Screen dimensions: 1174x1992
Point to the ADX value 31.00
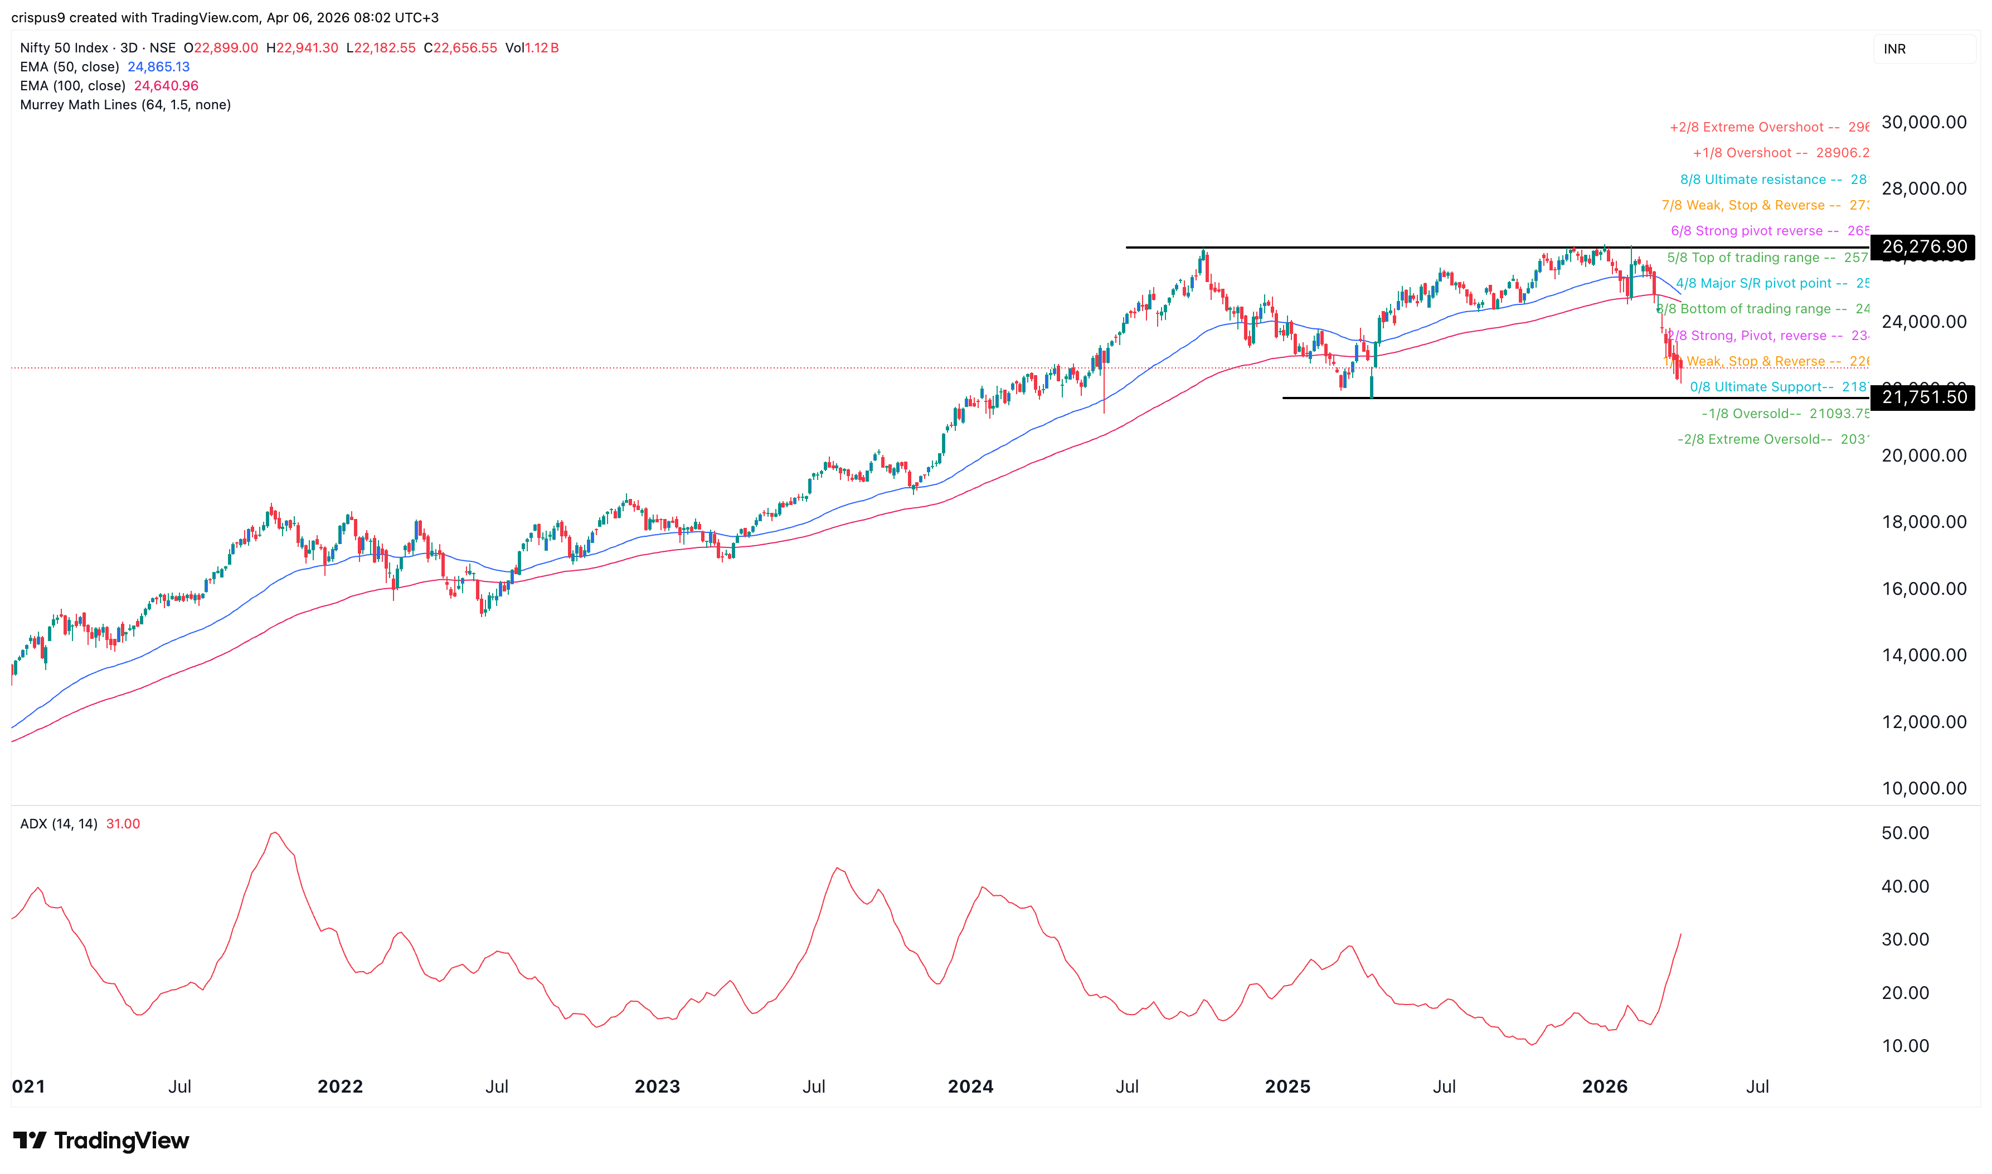pyautogui.click(x=123, y=823)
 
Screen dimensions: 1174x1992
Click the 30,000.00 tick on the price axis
pyautogui.click(x=1923, y=123)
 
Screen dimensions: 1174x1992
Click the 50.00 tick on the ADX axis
pyautogui.click(x=1905, y=833)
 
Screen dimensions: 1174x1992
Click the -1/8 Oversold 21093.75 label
pyautogui.click(x=1785, y=414)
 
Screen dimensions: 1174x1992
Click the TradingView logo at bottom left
pyautogui.click(x=101, y=1140)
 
